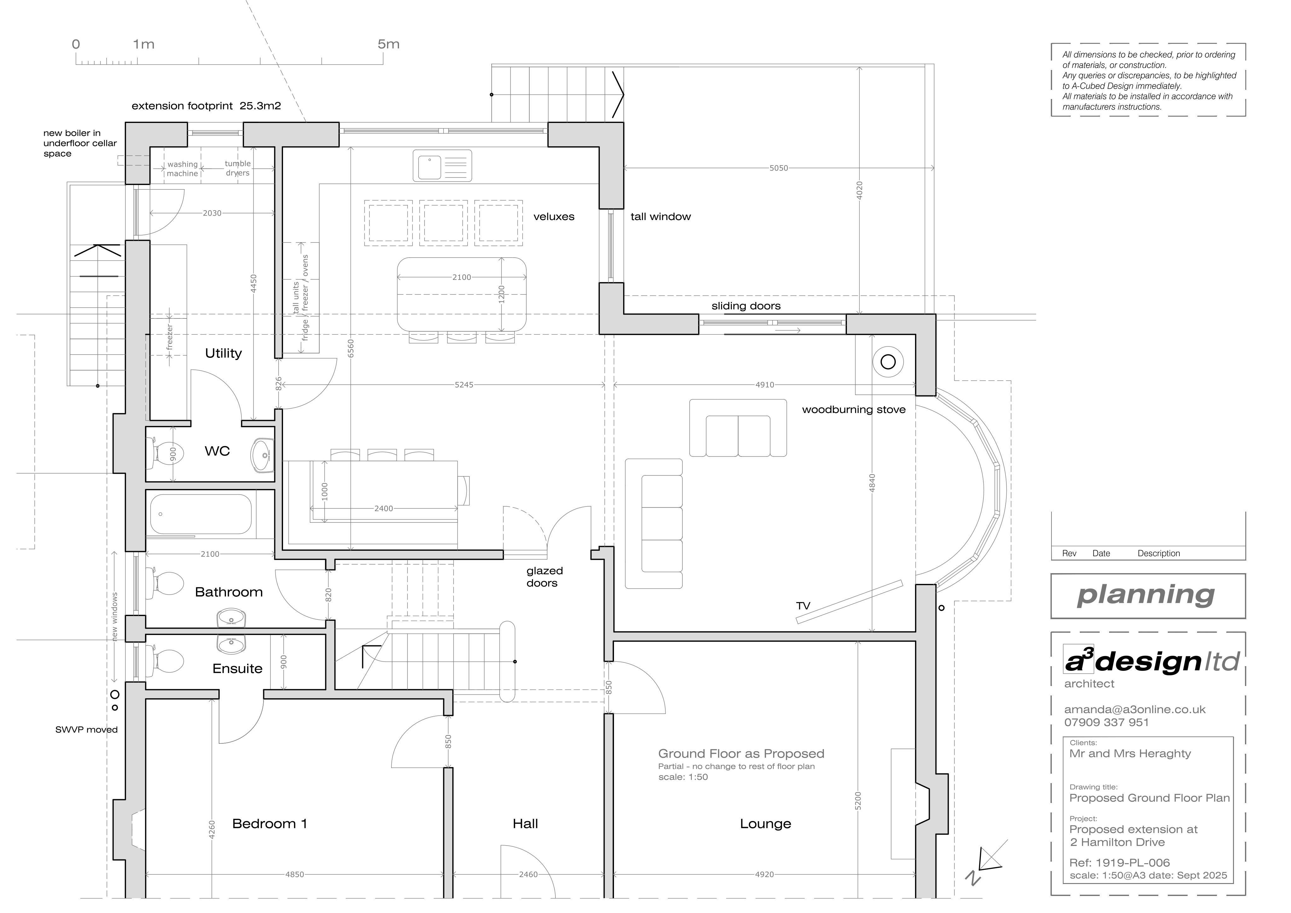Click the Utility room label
click(x=223, y=353)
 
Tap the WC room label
click(x=217, y=451)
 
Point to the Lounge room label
click(x=765, y=824)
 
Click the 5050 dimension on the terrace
click(x=779, y=168)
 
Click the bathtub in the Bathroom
click(x=201, y=514)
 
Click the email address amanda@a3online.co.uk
click(x=1135, y=710)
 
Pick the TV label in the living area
click(x=803, y=606)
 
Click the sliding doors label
click(x=746, y=306)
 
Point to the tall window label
click(x=661, y=217)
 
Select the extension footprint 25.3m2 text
click(x=206, y=106)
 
